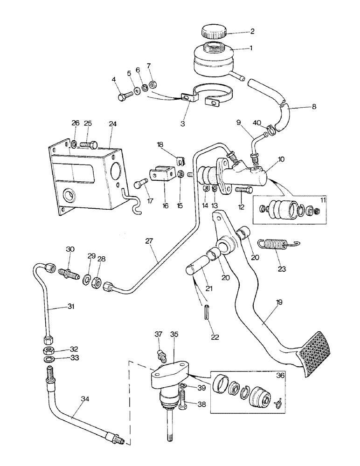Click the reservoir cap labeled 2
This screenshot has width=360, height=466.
tap(214, 33)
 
